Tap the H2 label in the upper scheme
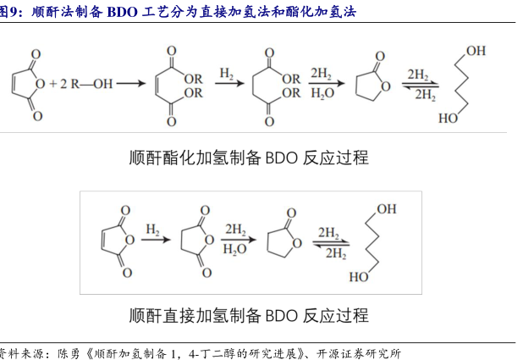coord(226,74)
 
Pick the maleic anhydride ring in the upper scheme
coord(32,83)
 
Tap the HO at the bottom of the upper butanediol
coord(448,119)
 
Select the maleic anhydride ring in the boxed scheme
coord(117,241)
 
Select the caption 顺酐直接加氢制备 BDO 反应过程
coord(249,315)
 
